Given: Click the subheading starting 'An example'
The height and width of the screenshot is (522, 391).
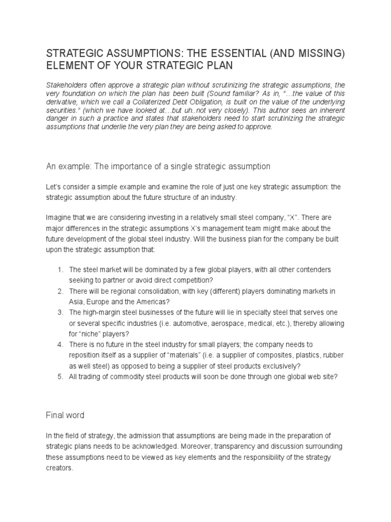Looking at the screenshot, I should [158, 167].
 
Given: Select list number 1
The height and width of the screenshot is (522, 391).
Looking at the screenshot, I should [60, 270].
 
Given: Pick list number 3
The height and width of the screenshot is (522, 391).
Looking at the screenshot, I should [60, 311].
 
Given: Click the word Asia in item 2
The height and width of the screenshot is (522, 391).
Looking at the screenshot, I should [77, 301].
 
